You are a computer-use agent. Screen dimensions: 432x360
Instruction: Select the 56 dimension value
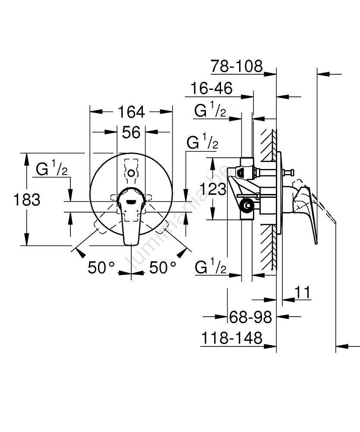131,132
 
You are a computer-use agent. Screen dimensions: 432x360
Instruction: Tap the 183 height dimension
27,200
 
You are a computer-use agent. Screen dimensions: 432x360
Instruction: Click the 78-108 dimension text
237,66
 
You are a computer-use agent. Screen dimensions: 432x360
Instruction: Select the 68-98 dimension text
250,318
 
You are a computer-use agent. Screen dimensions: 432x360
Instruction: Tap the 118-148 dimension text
232,338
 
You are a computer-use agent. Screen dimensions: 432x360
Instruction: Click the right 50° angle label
163,268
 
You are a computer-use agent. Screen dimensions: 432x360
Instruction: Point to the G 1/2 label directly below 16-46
210,111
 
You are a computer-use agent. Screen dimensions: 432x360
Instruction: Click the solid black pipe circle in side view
247,206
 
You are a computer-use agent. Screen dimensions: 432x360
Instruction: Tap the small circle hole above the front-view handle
131,173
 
